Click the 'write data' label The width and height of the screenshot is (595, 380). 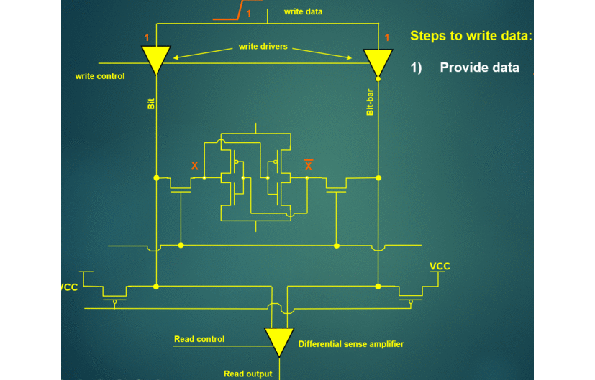tap(303, 11)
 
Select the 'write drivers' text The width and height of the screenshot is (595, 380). tap(263, 47)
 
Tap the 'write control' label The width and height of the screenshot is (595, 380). tap(100, 76)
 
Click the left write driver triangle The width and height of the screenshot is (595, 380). tap(156, 60)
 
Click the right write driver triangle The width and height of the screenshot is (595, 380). tap(378, 62)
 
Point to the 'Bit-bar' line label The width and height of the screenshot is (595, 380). tap(370, 102)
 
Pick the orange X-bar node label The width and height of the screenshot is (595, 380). tap(309, 164)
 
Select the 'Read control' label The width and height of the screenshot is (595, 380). tap(199, 339)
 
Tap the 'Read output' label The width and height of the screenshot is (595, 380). tap(247, 374)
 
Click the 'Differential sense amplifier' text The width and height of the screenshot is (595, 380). tap(351, 344)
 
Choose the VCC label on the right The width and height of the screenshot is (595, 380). tap(440, 267)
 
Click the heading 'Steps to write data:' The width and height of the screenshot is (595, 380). tap(471, 36)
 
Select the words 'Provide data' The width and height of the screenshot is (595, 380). tap(479, 68)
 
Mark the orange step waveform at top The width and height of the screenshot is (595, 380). tap(237, 10)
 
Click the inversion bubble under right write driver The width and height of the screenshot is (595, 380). tap(378, 79)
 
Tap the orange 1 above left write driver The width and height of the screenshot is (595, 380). tap(147, 37)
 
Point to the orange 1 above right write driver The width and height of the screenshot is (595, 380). tap(387, 37)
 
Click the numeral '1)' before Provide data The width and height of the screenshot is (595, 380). tap(416, 68)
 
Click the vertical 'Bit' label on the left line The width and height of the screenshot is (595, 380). tap(151, 104)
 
